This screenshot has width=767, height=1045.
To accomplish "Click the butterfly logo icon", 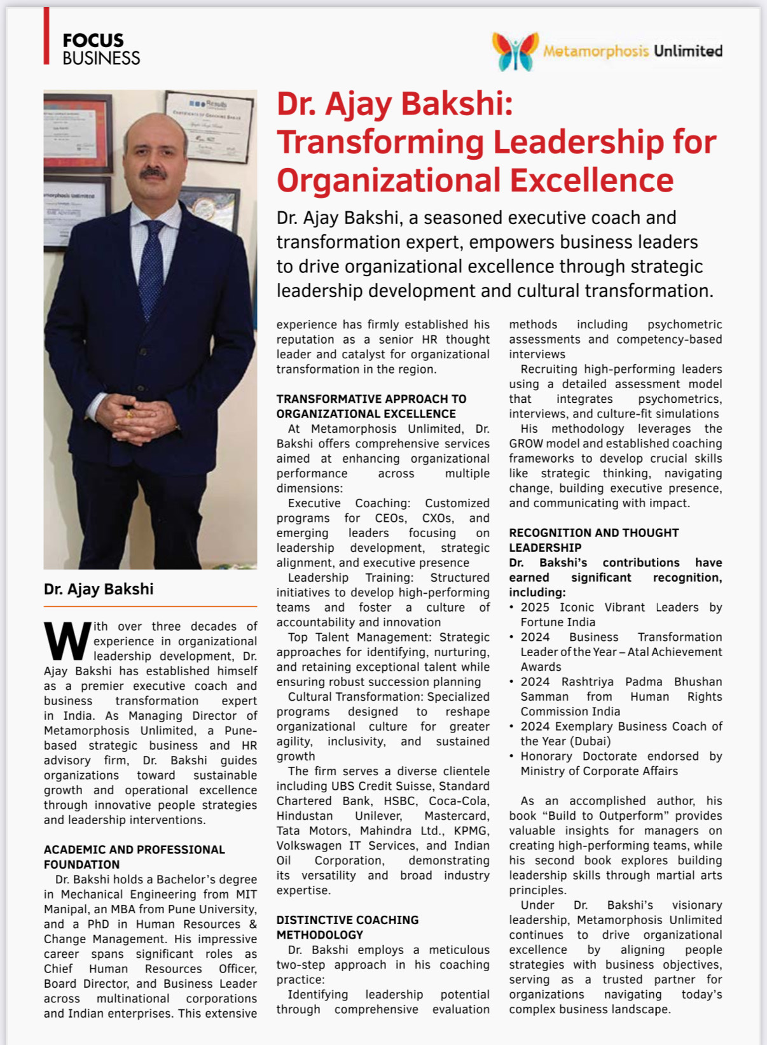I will coord(515,51).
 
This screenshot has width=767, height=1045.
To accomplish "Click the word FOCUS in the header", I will coord(93,41).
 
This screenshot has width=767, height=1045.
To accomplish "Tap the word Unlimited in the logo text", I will coord(688,51).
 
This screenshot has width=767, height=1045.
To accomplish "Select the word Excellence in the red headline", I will coord(591,180).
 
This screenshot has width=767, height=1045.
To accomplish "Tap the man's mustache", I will coord(153,172).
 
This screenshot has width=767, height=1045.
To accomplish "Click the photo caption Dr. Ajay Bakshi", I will coord(99,589).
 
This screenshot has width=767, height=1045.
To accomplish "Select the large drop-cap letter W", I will coord(67,641).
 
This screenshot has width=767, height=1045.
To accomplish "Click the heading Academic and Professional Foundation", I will coord(134,857).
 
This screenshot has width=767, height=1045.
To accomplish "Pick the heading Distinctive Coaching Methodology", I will coord(347,927).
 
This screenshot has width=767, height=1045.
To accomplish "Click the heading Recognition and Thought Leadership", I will coord(593,540).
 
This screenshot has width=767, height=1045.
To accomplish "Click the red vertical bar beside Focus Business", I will coord(46,36).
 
